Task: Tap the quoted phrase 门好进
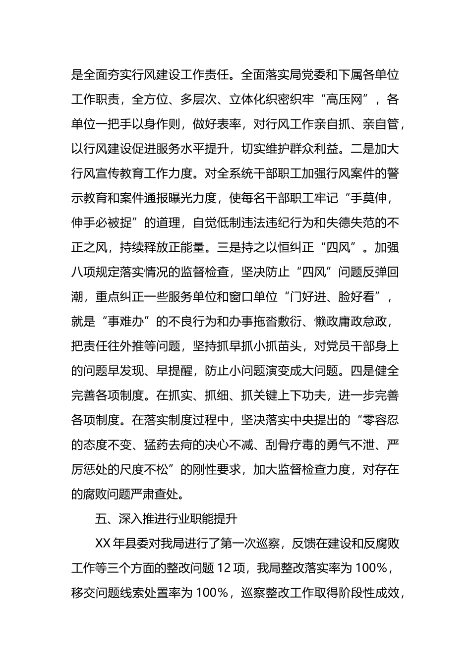(308, 297)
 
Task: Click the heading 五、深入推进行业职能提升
(167, 519)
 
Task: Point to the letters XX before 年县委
(103, 544)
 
